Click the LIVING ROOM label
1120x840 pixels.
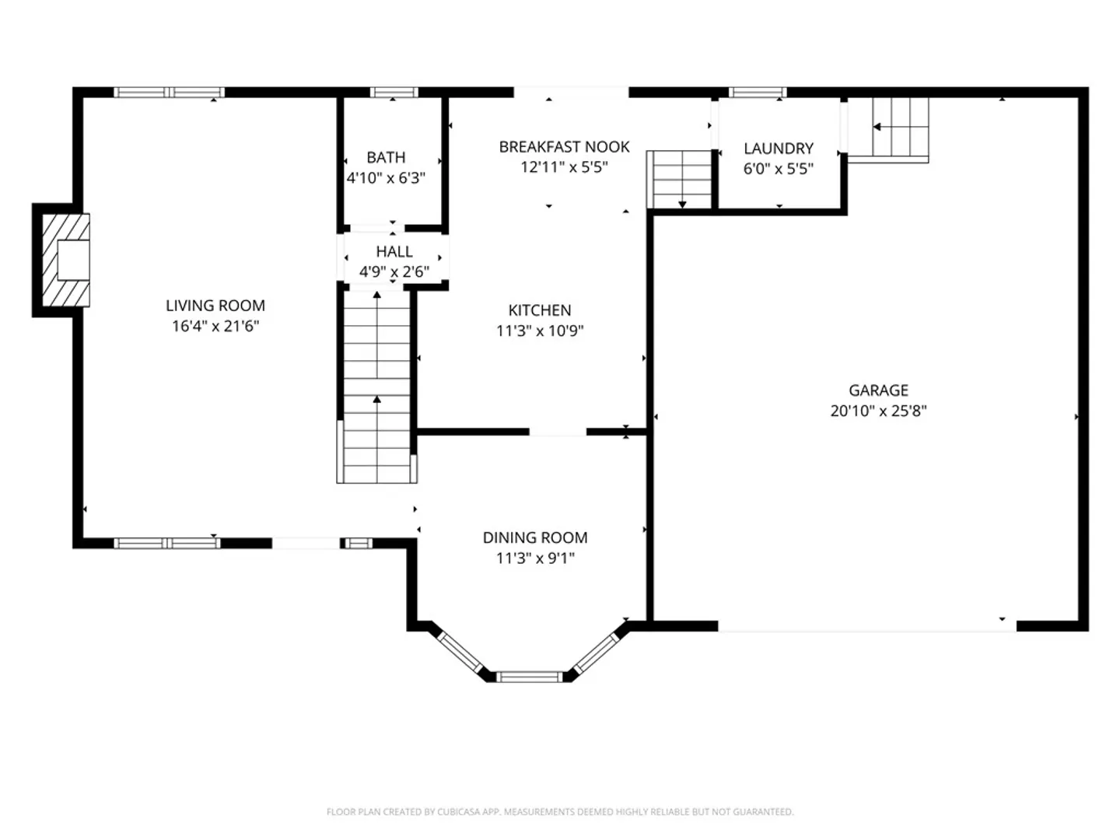click(x=215, y=306)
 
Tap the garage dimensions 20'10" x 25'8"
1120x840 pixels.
click(x=878, y=411)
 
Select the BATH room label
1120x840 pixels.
click(x=386, y=157)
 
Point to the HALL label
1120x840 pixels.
click(x=394, y=251)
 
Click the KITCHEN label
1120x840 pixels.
click(x=539, y=310)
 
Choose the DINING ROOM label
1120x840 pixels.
click(x=535, y=537)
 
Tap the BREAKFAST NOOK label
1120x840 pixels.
click(x=564, y=147)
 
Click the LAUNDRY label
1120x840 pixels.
click(x=778, y=149)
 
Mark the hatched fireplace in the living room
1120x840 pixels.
click(x=66, y=260)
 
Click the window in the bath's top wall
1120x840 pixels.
click(x=394, y=93)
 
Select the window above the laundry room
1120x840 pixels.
click(x=758, y=93)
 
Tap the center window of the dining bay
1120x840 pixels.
click(x=529, y=677)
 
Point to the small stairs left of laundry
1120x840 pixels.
click(x=679, y=180)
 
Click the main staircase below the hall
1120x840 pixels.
click(x=377, y=387)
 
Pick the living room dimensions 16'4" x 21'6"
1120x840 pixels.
click(x=215, y=326)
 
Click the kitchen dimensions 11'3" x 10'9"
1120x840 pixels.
click(x=540, y=331)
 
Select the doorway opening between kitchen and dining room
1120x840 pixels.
click(x=558, y=432)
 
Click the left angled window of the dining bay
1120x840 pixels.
click(x=459, y=653)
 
